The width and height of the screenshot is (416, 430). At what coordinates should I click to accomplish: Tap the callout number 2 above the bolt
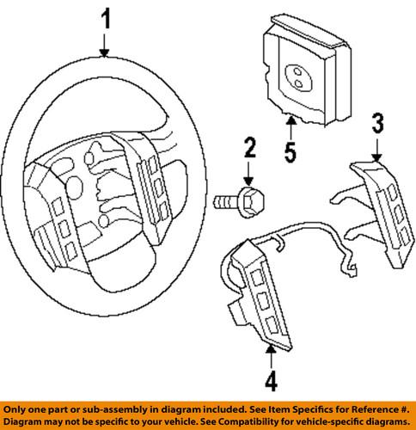pyautogui.click(x=249, y=150)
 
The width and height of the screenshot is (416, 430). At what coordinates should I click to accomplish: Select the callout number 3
pyautogui.click(x=376, y=123)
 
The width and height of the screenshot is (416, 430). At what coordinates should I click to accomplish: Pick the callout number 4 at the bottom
pyautogui.click(x=271, y=380)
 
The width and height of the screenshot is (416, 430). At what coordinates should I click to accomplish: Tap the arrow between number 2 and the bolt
pyautogui.click(x=249, y=176)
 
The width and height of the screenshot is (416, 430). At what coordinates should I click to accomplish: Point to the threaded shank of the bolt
pyautogui.click(x=225, y=202)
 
